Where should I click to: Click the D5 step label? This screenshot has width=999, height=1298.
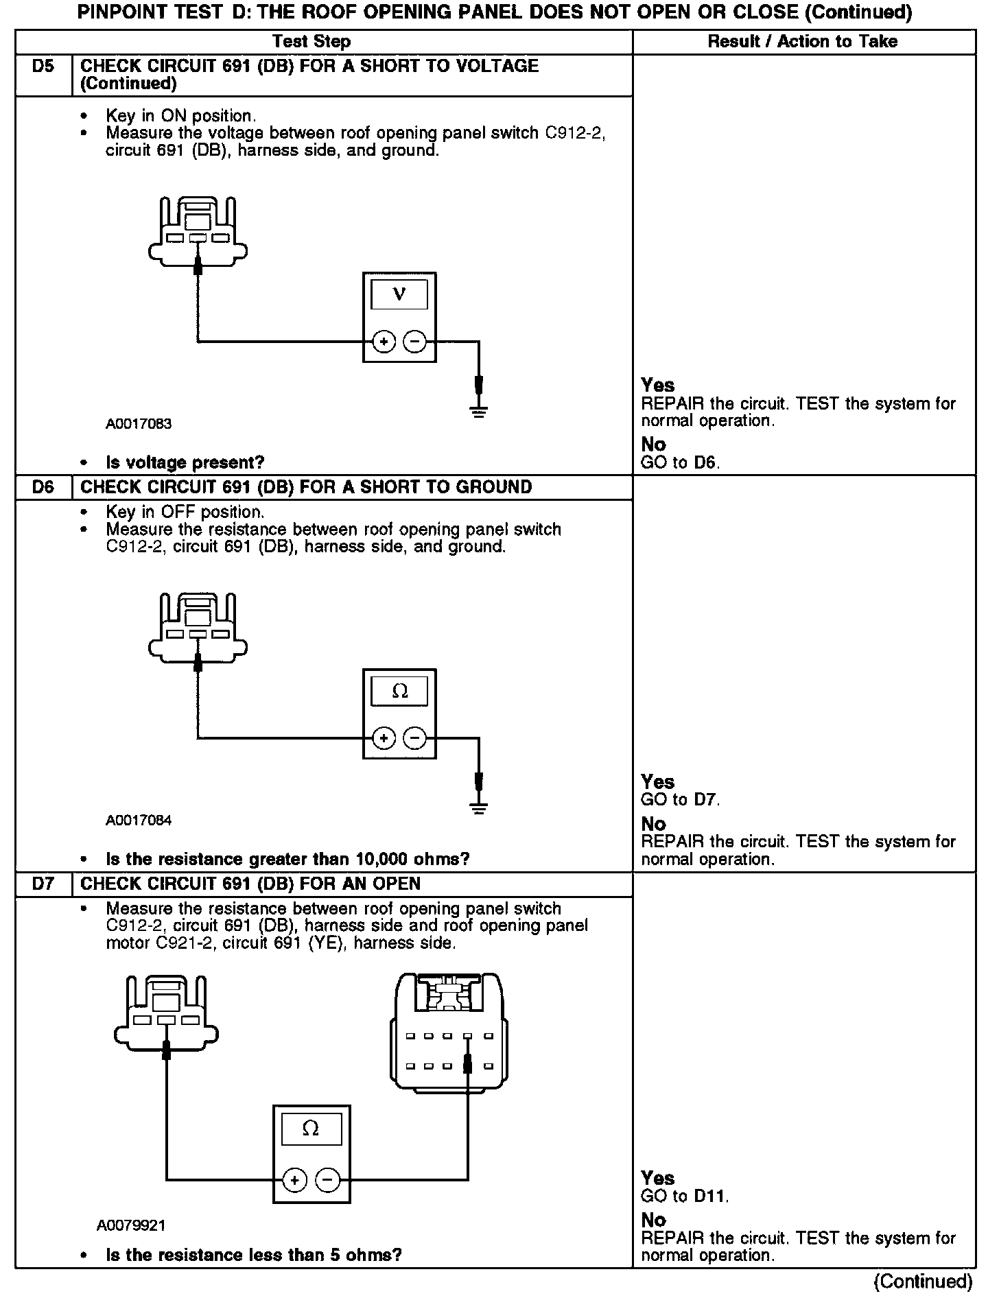[x=43, y=67]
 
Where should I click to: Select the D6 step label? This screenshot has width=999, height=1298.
[x=43, y=487]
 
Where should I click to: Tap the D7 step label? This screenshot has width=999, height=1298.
[x=43, y=884]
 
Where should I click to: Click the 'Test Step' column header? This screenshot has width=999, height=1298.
[x=312, y=41]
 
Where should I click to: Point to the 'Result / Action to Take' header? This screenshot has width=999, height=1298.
[x=802, y=41]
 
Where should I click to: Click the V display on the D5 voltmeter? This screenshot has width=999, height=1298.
[x=399, y=294]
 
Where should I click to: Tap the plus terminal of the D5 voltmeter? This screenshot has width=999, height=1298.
[x=384, y=341]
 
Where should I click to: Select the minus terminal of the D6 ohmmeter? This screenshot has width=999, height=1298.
[x=414, y=738]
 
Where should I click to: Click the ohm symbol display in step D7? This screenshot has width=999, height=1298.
[x=311, y=1129]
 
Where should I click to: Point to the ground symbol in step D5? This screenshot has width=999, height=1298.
[x=479, y=411]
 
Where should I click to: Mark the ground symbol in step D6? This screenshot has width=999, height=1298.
[x=479, y=807]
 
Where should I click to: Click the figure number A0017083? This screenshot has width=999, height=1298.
[x=139, y=424]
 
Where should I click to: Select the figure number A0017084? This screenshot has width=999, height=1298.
[x=139, y=821]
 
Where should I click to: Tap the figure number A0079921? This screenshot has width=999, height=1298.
[x=131, y=1225]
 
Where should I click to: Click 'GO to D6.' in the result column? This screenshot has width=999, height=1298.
[x=680, y=462]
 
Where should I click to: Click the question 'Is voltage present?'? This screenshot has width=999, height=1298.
[x=185, y=462]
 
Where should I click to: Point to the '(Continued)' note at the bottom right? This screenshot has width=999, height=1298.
[x=923, y=1282]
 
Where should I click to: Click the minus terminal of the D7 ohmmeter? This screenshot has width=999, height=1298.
[x=327, y=1180]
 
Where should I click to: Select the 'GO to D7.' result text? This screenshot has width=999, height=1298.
[x=680, y=799]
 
